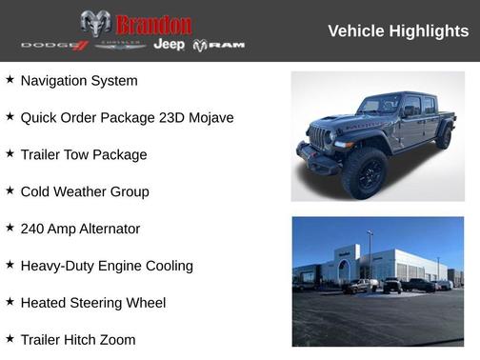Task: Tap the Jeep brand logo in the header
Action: [170, 45]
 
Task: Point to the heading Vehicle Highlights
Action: [398, 31]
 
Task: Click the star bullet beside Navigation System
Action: [10, 80]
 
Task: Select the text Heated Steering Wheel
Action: [93, 303]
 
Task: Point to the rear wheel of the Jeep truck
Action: [443, 137]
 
